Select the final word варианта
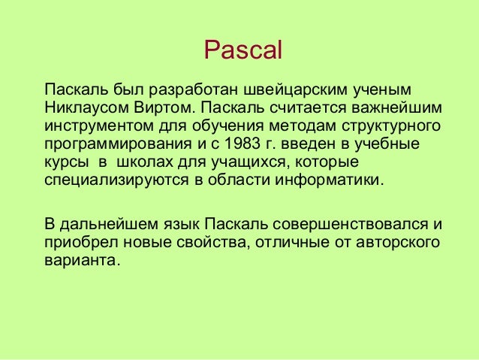coord(81,263)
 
